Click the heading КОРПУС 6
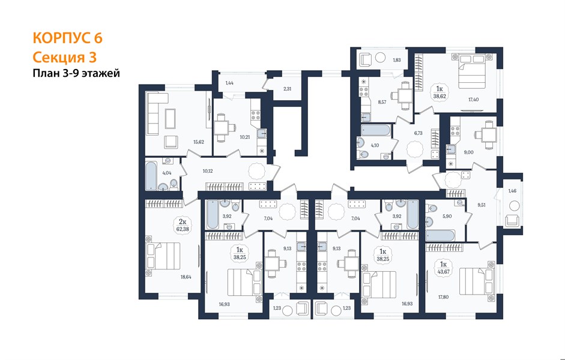click(68, 38)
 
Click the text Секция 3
click(65, 57)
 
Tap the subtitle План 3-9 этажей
click(76, 73)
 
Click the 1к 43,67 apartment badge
click(443, 268)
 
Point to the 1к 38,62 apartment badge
click(440, 92)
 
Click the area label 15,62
click(199, 142)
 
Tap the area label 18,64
click(186, 277)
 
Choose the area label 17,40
click(473, 100)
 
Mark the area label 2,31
click(287, 89)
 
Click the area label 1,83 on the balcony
click(396, 60)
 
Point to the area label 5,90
click(447, 217)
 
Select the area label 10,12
click(208, 171)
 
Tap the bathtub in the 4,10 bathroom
click(375, 130)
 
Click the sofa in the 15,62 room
click(157, 113)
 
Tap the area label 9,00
click(468, 152)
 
